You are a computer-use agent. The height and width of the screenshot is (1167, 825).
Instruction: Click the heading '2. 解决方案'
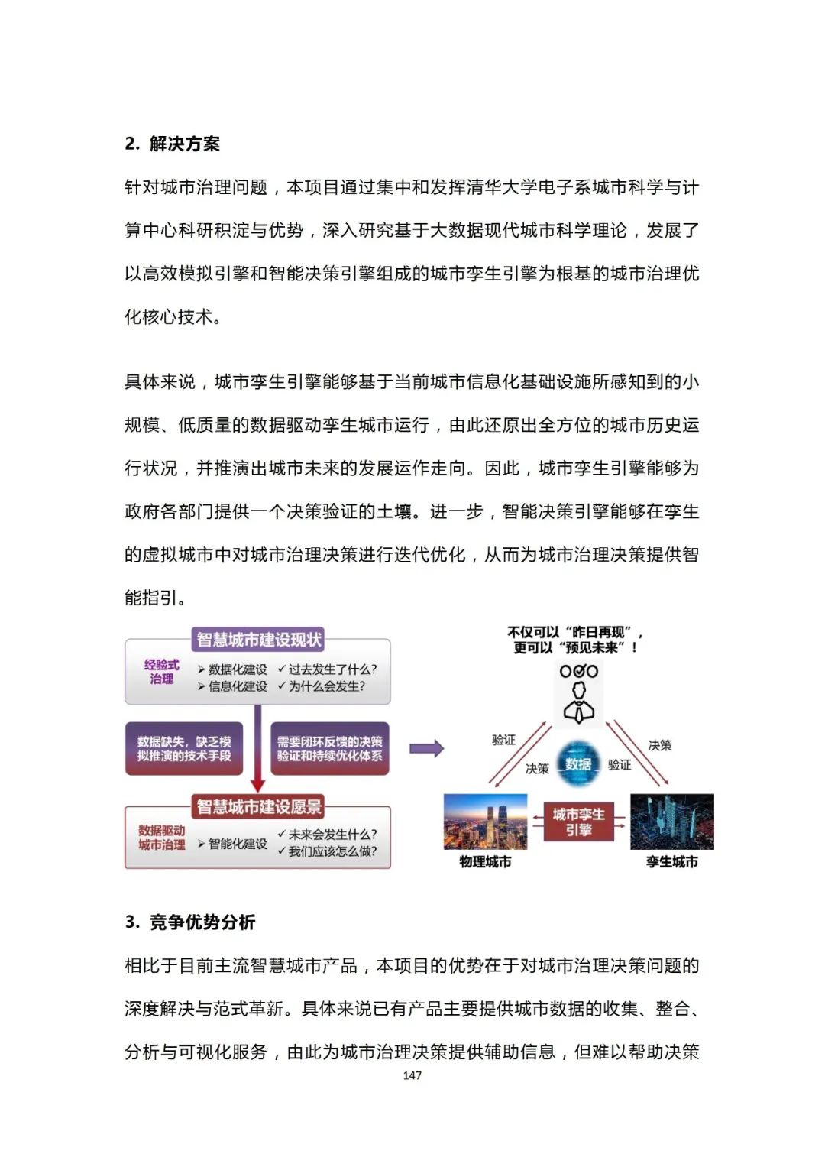tap(172, 144)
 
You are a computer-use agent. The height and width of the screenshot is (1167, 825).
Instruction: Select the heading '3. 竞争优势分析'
tap(190, 922)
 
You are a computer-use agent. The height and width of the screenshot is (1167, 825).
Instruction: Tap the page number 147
tap(412, 1075)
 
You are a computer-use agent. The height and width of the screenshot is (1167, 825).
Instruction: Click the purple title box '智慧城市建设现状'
tap(259, 640)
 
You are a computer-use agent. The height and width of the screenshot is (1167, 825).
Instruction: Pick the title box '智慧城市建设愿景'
tap(259, 806)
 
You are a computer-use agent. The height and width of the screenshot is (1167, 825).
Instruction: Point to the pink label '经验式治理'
tap(161, 672)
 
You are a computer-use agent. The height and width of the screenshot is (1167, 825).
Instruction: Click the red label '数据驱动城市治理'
tap(161, 838)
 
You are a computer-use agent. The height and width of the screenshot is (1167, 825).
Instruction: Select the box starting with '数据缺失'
tap(184, 748)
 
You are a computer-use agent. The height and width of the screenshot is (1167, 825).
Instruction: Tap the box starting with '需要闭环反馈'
tap(330, 748)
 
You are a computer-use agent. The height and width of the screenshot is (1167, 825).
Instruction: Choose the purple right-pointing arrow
tap(426, 748)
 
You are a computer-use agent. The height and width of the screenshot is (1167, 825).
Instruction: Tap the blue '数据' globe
tap(578, 763)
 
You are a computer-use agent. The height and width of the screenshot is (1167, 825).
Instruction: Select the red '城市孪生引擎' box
tap(578, 822)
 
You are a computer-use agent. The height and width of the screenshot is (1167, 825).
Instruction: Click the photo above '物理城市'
tap(485, 822)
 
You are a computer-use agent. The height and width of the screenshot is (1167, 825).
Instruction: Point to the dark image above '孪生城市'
tap(671, 822)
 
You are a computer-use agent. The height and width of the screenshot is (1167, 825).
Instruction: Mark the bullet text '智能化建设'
tap(238, 844)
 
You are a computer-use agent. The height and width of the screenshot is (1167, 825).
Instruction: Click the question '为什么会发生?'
tap(327, 686)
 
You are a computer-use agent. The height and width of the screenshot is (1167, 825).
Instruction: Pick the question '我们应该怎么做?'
tap(332, 851)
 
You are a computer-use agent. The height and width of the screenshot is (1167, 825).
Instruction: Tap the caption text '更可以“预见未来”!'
tap(575, 648)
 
